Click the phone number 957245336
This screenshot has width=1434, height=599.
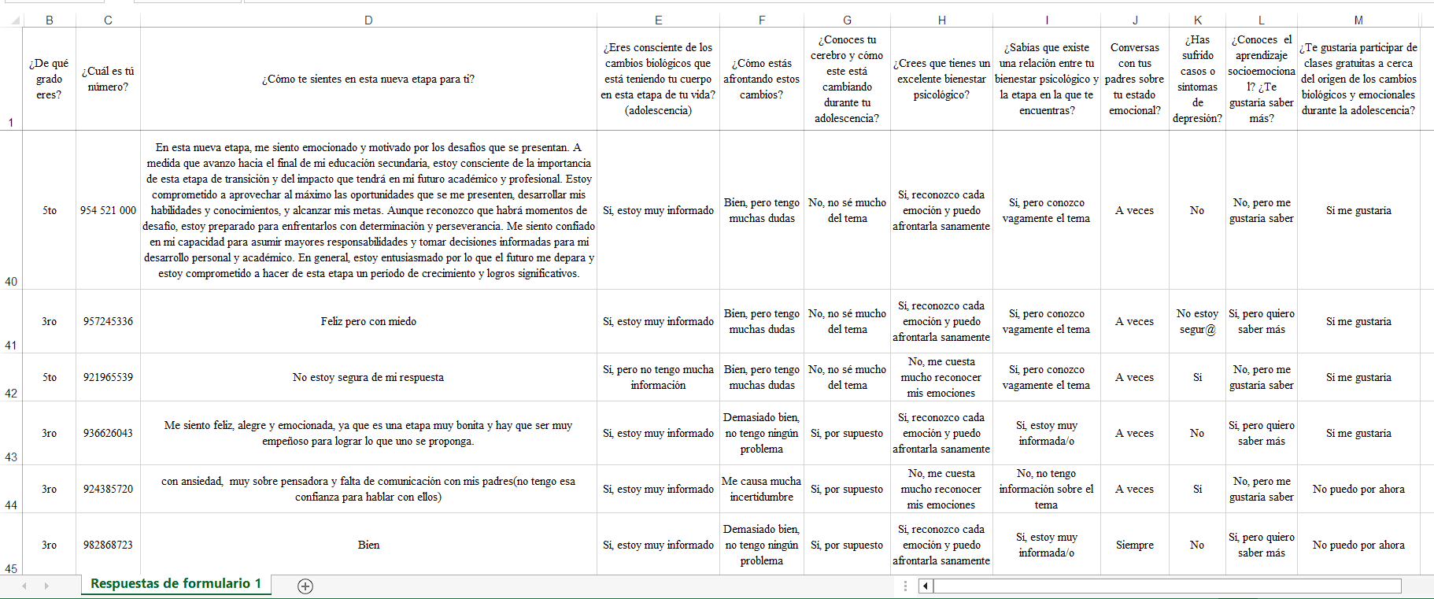tap(108, 321)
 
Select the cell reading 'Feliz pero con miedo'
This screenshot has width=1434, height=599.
tap(368, 321)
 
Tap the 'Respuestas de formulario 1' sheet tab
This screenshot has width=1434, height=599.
tap(176, 584)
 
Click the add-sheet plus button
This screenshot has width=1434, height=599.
tap(305, 586)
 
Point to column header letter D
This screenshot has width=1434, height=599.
tap(368, 20)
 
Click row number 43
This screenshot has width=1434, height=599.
tap(11, 457)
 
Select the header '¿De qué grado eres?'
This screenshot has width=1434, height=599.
tap(49, 79)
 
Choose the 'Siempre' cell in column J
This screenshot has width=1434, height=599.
tap(1134, 545)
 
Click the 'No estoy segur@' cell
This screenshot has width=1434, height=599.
tap(1196, 321)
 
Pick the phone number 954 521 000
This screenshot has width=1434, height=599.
tap(108, 210)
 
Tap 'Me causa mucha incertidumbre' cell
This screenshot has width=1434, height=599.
tap(761, 489)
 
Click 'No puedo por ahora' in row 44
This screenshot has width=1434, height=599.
tap(1358, 489)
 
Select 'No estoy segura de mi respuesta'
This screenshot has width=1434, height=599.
tap(368, 377)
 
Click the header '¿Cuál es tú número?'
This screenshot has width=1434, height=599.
tap(108, 79)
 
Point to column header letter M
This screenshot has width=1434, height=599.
tap(1358, 20)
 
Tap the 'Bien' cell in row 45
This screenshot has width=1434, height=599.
tap(368, 545)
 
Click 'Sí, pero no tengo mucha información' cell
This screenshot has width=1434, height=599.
tap(658, 377)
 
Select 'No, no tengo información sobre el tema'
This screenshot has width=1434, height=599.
tap(1046, 489)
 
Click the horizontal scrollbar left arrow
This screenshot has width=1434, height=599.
tap(926, 586)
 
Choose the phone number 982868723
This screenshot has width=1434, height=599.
tap(108, 545)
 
